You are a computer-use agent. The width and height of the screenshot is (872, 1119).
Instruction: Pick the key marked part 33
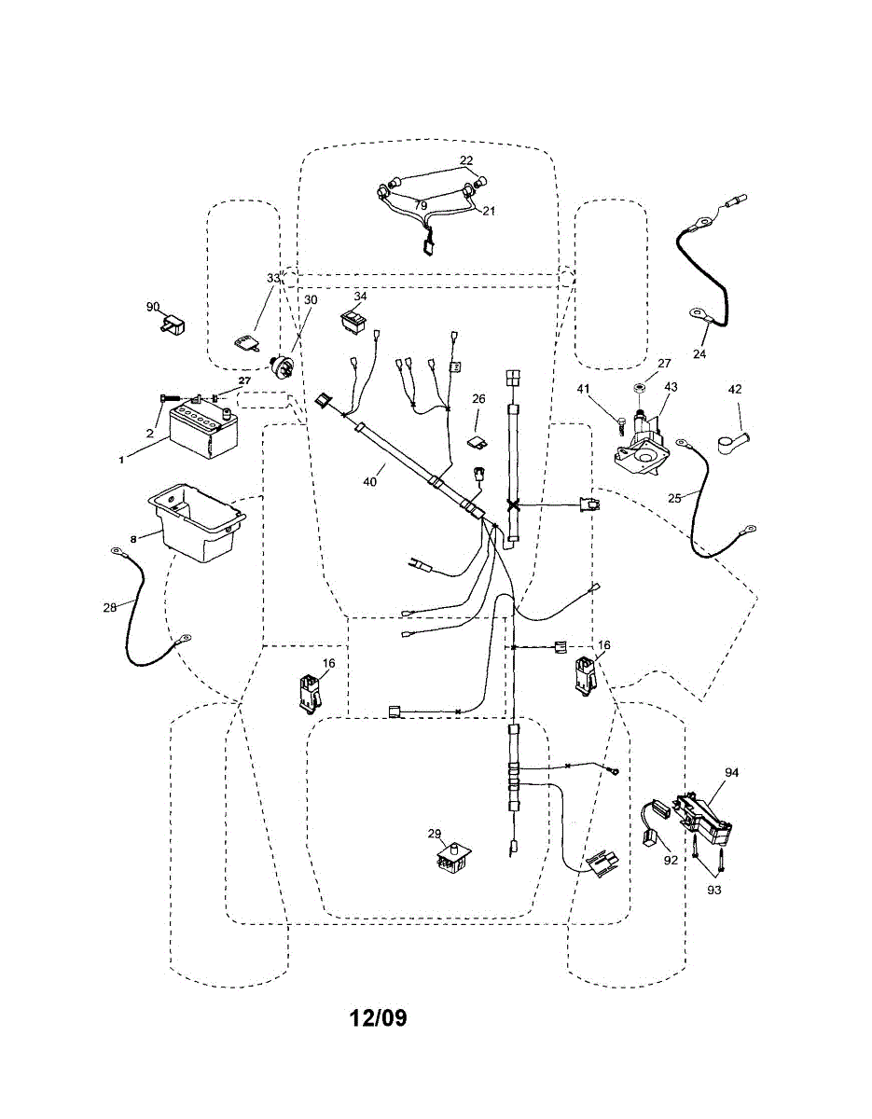point(245,342)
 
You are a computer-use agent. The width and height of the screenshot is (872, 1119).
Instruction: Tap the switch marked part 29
point(454,859)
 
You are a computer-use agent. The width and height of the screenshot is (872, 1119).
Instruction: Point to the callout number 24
point(699,353)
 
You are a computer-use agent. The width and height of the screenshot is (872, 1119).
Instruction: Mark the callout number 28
point(110,608)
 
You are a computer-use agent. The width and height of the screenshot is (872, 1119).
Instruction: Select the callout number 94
point(732,772)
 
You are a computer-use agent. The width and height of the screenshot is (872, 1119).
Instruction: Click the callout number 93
point(714,890)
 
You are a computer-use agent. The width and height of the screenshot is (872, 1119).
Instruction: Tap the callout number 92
point(671,860)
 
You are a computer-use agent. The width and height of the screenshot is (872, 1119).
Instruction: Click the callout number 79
point(421,205)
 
